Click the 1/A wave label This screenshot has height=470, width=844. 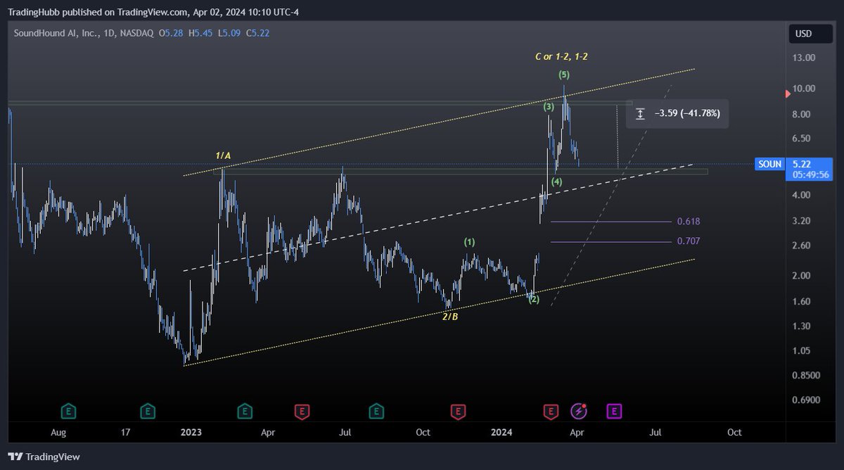[223, 155]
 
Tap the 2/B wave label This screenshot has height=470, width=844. [450, 317]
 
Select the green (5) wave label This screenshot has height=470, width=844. [564, 75]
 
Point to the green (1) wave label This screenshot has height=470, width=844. [469, 242]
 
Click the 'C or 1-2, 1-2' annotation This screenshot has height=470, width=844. [562, 56]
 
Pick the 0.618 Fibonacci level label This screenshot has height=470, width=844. [688, 222]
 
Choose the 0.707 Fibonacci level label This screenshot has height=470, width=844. [688, 241]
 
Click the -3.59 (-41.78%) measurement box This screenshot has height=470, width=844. [677, 113]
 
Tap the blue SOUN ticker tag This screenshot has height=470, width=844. [769, 164]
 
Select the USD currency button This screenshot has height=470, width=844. [803, 34]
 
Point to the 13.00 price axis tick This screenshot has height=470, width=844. [805, 58]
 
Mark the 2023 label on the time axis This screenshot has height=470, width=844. [191, 432]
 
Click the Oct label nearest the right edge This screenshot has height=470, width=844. [734, 432]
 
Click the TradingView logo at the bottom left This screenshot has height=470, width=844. [44, 457]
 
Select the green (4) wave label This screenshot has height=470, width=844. [556, 182]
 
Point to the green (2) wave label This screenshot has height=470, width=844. [534, 300]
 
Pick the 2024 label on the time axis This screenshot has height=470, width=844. [501, 432]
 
